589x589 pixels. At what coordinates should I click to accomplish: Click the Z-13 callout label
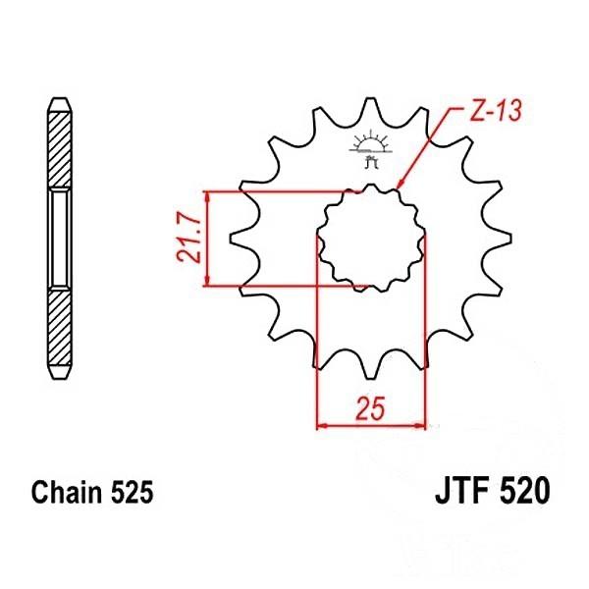pos(496,111)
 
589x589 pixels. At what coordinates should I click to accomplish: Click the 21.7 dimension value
pos(188,239)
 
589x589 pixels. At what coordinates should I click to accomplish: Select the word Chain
pos(67,492)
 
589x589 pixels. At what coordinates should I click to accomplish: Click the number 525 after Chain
pos(132,492)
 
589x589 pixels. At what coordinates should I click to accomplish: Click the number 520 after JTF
pos(524,491)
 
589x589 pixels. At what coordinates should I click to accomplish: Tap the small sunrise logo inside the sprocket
pos(371,149)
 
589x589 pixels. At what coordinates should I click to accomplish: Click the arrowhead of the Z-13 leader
pos(400,184)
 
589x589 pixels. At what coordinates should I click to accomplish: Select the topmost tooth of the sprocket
pos(371,109)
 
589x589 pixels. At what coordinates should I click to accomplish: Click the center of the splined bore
pos(371,239)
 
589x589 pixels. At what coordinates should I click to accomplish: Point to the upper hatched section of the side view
pos(60,149)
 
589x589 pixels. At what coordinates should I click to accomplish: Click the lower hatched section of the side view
pos(60,327)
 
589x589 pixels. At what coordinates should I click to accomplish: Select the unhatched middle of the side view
pos(60,239)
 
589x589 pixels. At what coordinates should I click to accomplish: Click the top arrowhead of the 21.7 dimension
pos(207,197)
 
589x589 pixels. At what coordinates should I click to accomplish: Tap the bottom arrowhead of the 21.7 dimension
pos(207,280)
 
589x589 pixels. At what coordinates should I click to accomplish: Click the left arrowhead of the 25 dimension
pos(323,426)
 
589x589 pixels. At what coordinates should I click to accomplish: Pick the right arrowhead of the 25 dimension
pos(419,426)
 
